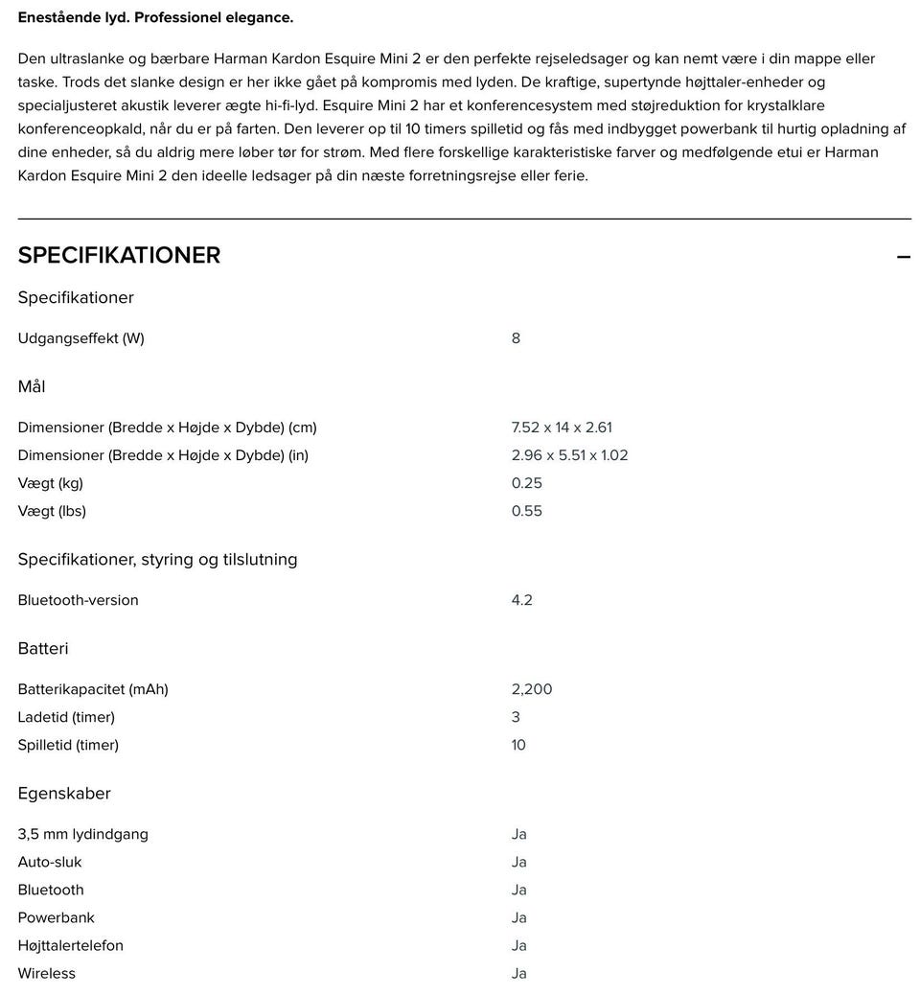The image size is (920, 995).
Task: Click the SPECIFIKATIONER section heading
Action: (119, 255)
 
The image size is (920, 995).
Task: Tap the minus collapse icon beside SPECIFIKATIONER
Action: (903, 257)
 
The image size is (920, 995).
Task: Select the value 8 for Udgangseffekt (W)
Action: (516, 338)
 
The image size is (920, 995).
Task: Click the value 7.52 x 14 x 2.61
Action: (562, 428)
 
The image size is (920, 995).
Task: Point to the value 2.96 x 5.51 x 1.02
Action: (569, 455)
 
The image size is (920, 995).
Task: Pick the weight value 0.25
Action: (526, 483)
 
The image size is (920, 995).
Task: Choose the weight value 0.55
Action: (526, 511)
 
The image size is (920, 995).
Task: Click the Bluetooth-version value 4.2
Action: (521, 600)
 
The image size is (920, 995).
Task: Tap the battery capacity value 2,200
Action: (532, 689)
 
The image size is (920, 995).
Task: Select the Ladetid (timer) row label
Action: (66, 717)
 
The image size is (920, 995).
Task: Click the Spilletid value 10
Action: (518, 745)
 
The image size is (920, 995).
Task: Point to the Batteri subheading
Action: (43, 649)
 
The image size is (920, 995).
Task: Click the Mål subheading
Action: (32, 387)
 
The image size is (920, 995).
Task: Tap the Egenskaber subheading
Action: (64, 794)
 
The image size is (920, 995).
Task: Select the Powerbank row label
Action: (56, 917)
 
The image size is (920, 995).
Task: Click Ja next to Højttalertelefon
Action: (518, 945)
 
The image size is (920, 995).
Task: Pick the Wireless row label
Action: (46, 973)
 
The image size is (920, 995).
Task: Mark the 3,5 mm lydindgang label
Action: (82, 834)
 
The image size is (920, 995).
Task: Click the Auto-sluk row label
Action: (50, 862)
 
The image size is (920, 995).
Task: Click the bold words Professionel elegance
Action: (214, 17)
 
